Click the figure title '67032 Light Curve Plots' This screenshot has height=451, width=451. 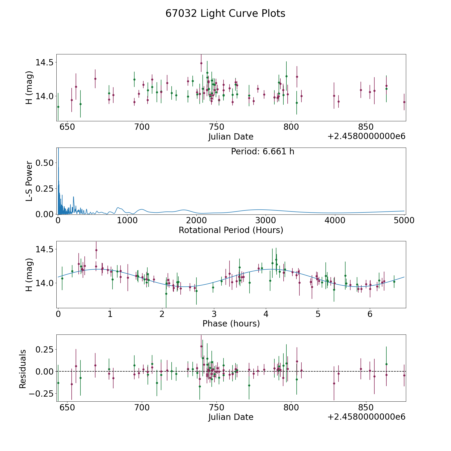coord(225,14)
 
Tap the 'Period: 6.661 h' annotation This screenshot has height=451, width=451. coord(263,152)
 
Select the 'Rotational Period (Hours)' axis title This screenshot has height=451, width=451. coord(231,230)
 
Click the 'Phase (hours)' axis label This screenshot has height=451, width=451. coord(231,323)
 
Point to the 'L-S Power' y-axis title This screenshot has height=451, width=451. coord(29,181)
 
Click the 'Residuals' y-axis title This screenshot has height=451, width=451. coord(23,369)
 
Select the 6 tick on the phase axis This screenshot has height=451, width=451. coord(370,314)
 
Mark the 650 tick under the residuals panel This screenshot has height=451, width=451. coord(68,407)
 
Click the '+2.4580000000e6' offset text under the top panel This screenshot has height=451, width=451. coord(366,137)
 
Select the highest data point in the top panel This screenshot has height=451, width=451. coord(201,63)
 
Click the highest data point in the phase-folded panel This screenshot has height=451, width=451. coord(96,250)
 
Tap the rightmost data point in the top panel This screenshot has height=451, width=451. coord(404,102)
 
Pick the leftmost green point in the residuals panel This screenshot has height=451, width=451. coord(58,383)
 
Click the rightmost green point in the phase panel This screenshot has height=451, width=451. coord(394,282)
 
